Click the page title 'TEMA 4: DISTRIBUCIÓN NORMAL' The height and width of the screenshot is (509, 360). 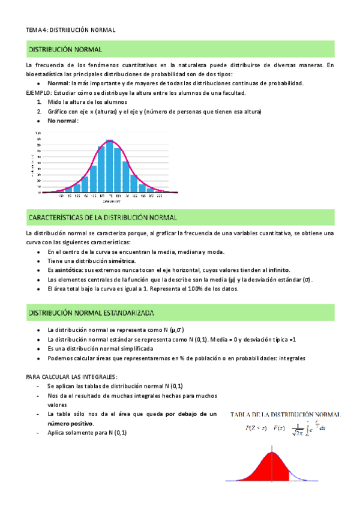pos(70,29)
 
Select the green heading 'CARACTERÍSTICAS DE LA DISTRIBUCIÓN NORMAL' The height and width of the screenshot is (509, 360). pos(102,216)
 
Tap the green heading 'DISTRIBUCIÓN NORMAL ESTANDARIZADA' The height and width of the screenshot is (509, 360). pos(91,313)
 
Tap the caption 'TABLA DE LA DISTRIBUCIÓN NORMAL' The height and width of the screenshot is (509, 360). pos(286,414)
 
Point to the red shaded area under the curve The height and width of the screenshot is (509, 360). pos(270,468)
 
